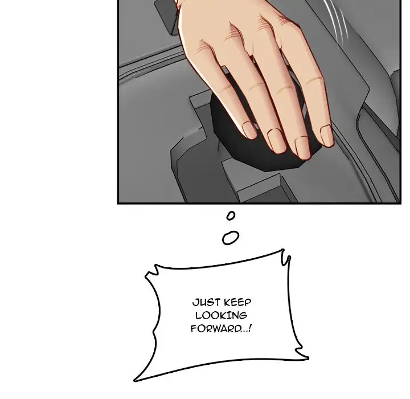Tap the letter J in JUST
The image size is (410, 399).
tap(192, 303)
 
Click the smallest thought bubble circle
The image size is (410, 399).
tap(231, 215)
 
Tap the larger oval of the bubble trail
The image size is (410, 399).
tap(230, 238)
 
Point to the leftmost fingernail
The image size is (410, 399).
tap(249, 130)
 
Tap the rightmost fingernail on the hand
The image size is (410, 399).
tap(326, 136)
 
